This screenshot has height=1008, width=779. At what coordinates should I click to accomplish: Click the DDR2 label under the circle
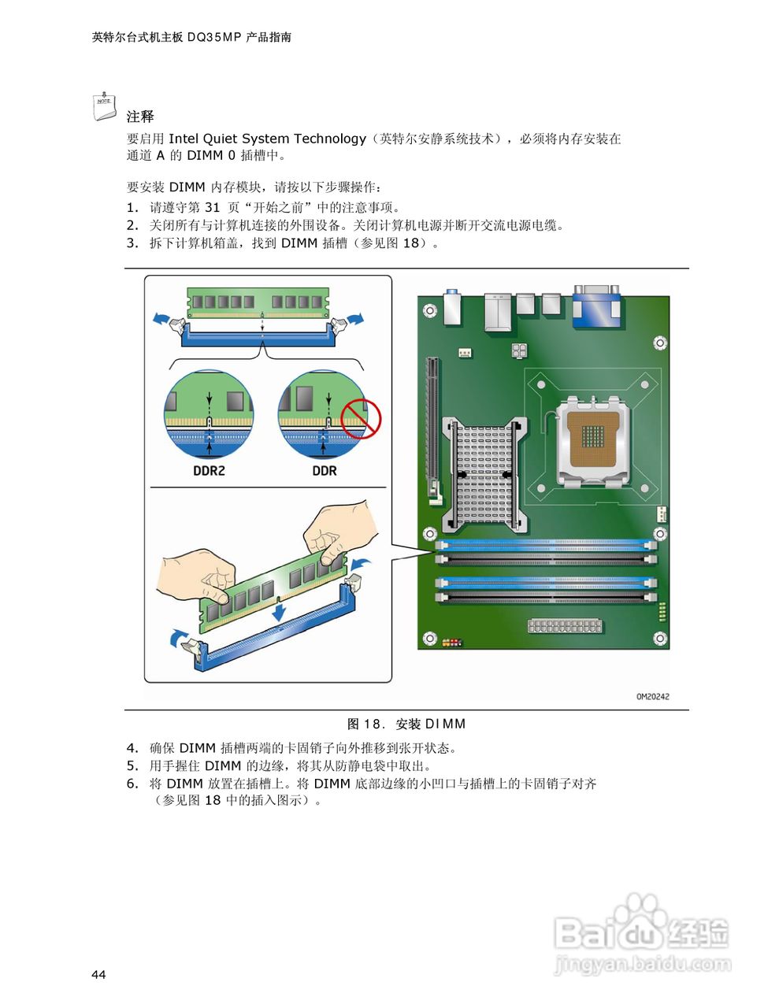click(x=209, y=471)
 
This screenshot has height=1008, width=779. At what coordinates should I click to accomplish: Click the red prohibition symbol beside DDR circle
click(x=361, y=417)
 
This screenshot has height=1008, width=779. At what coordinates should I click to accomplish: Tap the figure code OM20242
click(x=652, y=696)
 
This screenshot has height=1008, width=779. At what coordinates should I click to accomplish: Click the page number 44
click(x=98, y=975)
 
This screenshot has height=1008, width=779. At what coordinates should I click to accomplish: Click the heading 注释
click(x=140, y=117)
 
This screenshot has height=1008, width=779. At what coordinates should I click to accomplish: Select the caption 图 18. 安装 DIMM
click(x=406, y=724)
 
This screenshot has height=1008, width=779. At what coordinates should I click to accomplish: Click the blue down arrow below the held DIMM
click(x=278, y=610)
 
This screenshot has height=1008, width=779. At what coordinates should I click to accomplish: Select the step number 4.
click(x=132, y=748)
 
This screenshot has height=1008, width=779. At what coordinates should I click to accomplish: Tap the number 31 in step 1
click(x=212, y=208)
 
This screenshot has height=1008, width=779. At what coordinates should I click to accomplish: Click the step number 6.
click(x=132, y=784)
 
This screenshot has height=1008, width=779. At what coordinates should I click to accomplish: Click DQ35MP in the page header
click(x=214, y=37)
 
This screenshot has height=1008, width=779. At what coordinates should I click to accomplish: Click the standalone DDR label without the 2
click(x=324, y=471)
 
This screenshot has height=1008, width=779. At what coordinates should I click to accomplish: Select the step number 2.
click(x=132, y=225)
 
